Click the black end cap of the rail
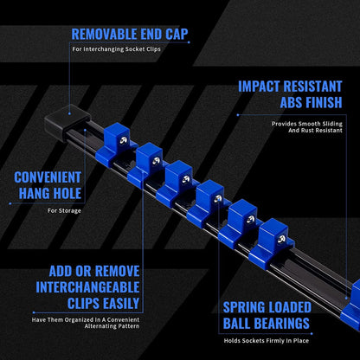(x=67, y=123)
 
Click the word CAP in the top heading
(x=177, y=35)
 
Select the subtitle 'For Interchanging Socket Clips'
(x=116, y=49)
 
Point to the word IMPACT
(x=259, y=87)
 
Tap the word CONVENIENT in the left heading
(x=48, y=177)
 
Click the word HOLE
(x=67, y=193)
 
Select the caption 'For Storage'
(x=64, y=211)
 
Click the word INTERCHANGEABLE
(x=87, y=287)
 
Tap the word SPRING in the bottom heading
(x=241, y=307)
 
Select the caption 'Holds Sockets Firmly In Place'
(x=267, y=341)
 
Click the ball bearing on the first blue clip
(x=124, y=140)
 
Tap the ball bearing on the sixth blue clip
(x=281, y=239)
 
